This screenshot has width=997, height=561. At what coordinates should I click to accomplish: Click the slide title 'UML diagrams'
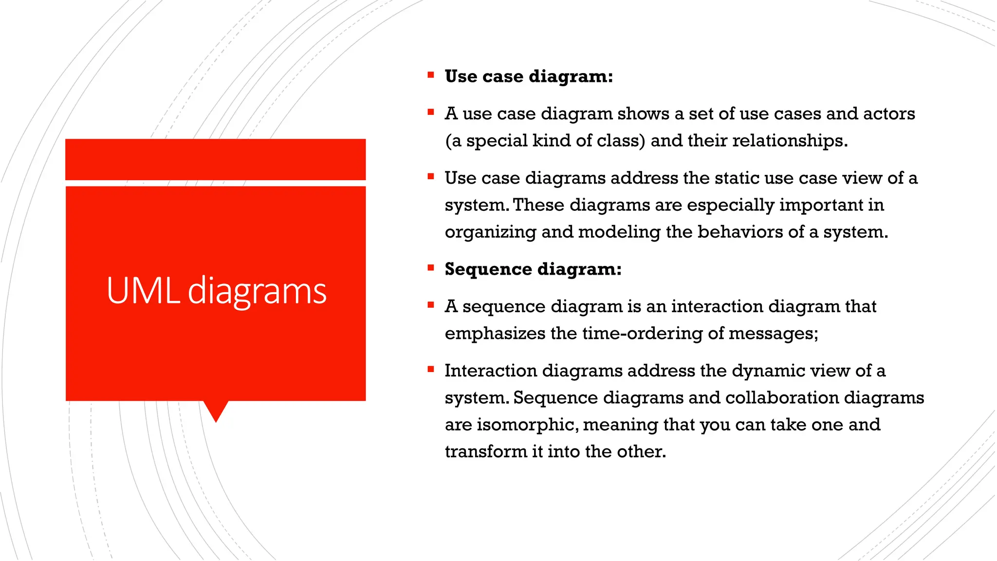point(216,291)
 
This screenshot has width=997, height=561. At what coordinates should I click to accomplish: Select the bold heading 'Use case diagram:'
point(529,76)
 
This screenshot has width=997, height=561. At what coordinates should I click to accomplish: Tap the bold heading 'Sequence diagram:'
point(533,269)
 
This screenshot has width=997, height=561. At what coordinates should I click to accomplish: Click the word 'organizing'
point(490,232)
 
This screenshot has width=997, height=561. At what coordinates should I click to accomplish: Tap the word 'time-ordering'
point(642,334)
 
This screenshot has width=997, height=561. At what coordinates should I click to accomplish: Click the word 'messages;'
point(774,334)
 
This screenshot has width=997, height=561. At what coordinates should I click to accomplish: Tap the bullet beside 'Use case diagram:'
point(430,75)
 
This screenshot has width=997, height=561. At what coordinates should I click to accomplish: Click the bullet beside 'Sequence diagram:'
point(430,267)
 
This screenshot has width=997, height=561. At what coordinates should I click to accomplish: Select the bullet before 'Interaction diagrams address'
point(430,369)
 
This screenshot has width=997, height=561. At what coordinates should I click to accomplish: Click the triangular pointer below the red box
point(216,411)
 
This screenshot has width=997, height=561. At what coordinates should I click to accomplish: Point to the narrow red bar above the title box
point(215,159)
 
